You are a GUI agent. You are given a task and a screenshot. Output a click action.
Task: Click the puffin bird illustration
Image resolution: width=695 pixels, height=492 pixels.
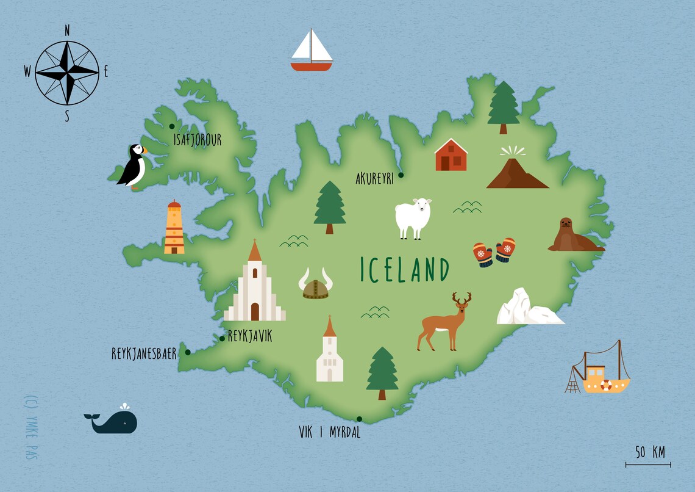132,166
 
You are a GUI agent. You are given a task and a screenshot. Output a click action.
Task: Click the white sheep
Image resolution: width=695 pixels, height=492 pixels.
413,217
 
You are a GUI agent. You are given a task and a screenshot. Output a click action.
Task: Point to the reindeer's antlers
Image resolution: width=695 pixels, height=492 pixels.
462,298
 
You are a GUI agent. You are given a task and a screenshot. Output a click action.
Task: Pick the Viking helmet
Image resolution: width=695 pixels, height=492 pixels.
316,286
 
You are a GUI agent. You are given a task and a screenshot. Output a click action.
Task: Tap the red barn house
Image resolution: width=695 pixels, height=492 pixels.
451,155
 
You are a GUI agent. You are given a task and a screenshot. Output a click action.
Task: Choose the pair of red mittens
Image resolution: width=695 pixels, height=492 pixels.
494,252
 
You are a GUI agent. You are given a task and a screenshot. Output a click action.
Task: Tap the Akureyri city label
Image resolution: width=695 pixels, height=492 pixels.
375,178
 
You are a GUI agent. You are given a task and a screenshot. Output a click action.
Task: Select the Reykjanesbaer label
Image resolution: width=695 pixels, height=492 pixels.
144,353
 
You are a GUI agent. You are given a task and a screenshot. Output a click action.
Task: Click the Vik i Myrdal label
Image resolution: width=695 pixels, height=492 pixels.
329,433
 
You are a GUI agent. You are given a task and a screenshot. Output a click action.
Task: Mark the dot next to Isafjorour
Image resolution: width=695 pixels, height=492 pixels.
172,126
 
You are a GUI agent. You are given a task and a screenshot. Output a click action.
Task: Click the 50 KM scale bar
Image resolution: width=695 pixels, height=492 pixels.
648,464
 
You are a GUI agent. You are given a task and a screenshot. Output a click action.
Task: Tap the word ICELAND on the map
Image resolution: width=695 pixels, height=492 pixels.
405,270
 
